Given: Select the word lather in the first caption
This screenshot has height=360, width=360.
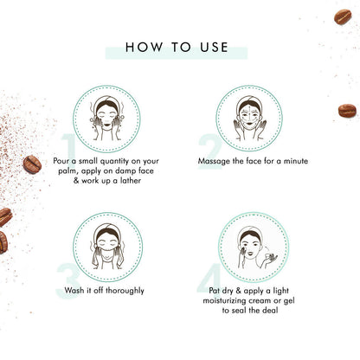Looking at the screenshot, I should pyautogui.click(x=135, y=183).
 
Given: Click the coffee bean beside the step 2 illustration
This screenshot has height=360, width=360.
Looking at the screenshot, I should pyautogui.click(x=346, y=110).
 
